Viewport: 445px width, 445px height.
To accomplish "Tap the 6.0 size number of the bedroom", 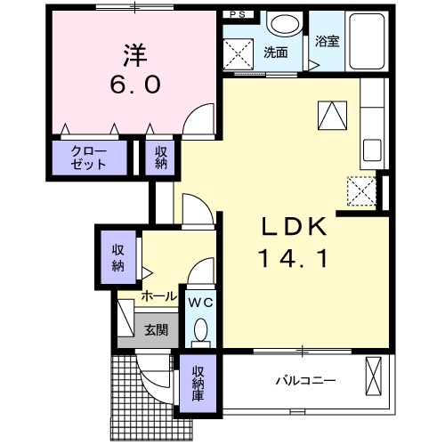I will (x=134, y=85).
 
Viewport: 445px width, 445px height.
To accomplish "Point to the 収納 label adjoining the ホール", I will (x=118, y=257).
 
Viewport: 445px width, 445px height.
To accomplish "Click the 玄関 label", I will (x=156, y=329).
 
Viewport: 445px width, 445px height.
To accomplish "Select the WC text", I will (x=199, y=303).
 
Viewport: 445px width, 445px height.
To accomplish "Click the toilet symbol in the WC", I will (x=199, y=332).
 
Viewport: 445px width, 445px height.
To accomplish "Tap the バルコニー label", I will (x=305, y=381).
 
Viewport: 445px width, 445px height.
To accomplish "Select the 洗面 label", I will (x=275, y=53).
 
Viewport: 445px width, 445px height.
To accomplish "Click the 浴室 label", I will (x=327, y=40).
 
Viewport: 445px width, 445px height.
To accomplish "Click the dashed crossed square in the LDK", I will (x=360, y=190).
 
